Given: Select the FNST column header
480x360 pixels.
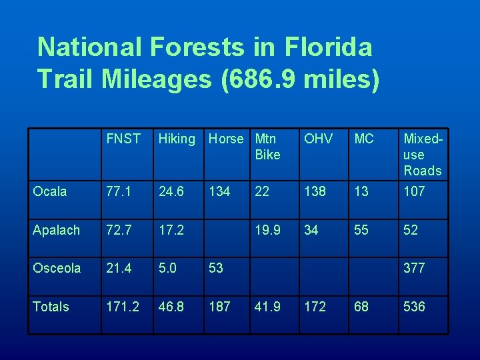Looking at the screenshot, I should pyautogui.click(x=123, y=139).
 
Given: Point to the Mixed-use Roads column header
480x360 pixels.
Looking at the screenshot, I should pyautogui.click(x=422, y=155).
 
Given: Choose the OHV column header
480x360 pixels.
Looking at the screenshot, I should pyautogui.click(x=318, y=139).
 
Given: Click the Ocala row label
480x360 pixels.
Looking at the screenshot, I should pyautogui.click(x=50, y=191).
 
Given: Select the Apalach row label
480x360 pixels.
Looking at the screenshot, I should pyautogui.click(x=56, y=230).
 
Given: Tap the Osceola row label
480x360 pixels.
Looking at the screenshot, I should pyautogui.click(x=57, y=268).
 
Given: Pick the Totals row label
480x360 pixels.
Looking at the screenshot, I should pyautogui.click(x=51, y=307).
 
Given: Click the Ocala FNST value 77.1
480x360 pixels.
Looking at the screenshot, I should pyautogui.click(x=118, y=191).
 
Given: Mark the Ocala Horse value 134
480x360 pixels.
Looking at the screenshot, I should pyautogui.click(x=219, y=191).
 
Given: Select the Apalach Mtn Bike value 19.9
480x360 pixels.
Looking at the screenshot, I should pyautogui.click(x=267, y=230).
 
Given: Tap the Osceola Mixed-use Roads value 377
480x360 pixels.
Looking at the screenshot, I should pyautogui.click(x=414, y=268).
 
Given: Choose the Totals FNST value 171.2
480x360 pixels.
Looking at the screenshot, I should pyautogui.click(x=122, y=307).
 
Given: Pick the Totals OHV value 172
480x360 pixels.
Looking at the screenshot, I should pyautogui.click(x=315, y=307).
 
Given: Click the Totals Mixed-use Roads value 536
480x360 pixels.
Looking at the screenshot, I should pyautogui.click(x=414, y=307).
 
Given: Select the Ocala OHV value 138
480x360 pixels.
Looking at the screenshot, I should pyautogui.click(x=315, y=191).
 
